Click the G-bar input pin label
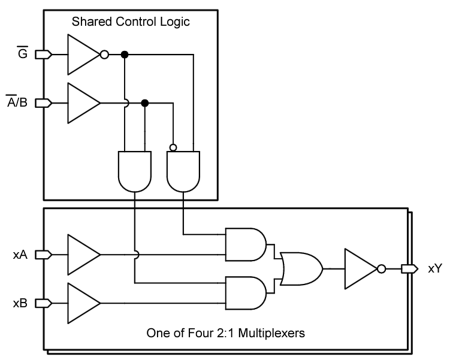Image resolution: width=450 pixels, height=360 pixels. click(x=22, y=53)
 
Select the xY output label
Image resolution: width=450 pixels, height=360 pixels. click(x=434, y=269)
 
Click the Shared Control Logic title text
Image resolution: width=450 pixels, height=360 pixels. click(x=130, y=22)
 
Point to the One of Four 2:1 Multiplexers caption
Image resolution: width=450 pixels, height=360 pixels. click(x=225, y=332)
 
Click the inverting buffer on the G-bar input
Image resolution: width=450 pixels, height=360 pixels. click(x=82, y=54)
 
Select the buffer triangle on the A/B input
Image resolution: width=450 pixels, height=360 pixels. click(x=81, y=103)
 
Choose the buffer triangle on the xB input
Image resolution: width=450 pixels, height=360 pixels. click(x=81, y=303)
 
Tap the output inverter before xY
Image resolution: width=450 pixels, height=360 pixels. click(x=361, y=269)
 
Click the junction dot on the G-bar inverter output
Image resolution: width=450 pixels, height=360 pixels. click(x=124, y=54)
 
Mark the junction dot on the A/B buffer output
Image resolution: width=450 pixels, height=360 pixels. click(x=145, y=103)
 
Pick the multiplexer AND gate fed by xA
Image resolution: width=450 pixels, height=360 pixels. click(x=245, y=245)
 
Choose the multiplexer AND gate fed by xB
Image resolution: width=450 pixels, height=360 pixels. click(x=245, y=292)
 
